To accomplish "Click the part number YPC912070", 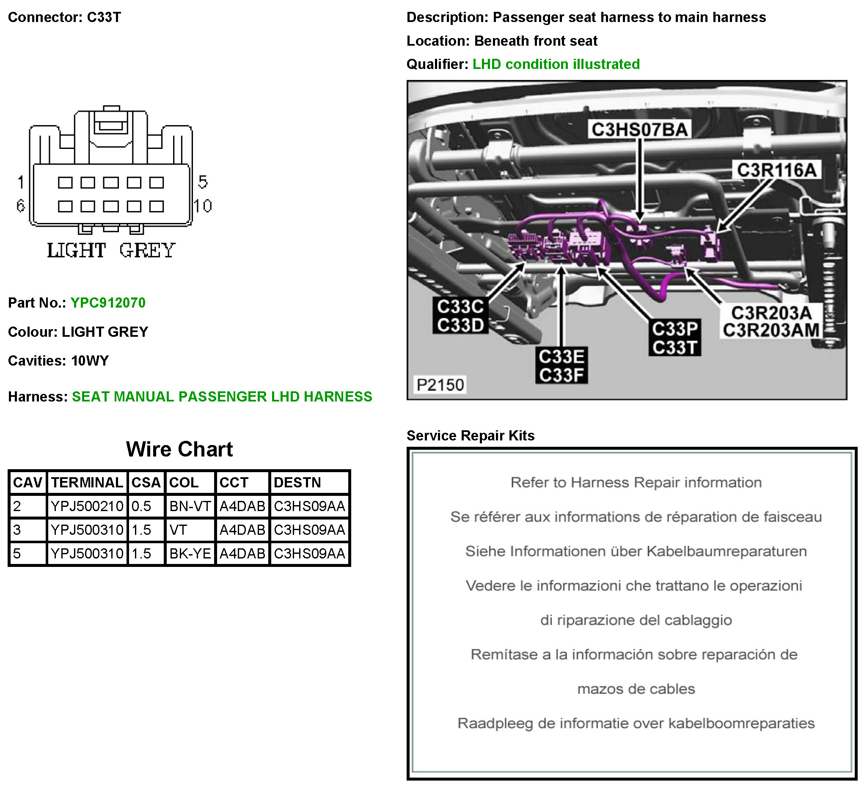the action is tap(108, 302).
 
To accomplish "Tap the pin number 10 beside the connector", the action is tap(203, 206).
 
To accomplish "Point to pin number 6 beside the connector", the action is tap(20, 206).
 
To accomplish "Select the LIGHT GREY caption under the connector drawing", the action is tap(111, 250).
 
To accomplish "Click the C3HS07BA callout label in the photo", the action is tap(639, 129).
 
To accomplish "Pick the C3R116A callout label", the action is tap(776, 170).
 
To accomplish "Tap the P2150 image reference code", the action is tap(440, 385).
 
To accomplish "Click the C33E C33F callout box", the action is tap(561, 366).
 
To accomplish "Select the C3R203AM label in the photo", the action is tap(771, 331).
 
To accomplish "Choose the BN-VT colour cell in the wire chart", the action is tap(190, 506).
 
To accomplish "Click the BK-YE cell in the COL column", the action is tap(190, 553).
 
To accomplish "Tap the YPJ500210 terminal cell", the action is tap(87, 506).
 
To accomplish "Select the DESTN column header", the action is tap(297, 482).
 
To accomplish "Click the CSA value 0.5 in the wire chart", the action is tap(141, 506).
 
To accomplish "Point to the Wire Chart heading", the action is tap(179, 449).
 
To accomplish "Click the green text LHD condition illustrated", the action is tap(556, 64).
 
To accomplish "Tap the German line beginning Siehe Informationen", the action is tap(636, 551).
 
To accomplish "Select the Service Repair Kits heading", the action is tap(471, 435).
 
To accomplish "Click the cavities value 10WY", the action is tap(90, 360).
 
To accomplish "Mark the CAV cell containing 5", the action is tap(17, 553).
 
